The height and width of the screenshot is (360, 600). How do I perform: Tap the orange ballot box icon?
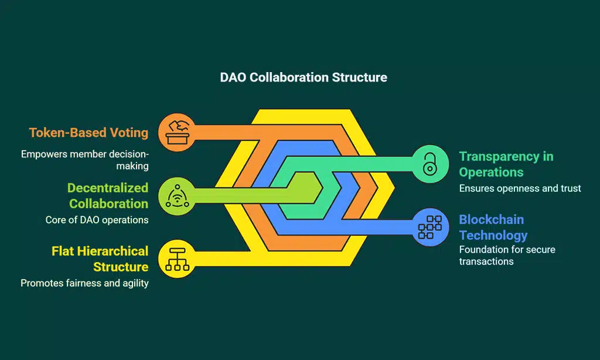(177, 131)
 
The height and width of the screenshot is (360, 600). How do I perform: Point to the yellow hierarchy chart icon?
(177, 258)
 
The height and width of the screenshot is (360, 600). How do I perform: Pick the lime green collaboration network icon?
(177, 195)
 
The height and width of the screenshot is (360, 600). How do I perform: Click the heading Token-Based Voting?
(88, 133)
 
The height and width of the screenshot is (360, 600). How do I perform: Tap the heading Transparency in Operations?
(506, 164)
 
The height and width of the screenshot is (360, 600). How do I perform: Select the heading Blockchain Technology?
(493, 227)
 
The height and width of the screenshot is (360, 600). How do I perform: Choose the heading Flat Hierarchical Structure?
(100, 259)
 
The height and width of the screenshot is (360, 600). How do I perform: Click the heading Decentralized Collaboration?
(108, 196)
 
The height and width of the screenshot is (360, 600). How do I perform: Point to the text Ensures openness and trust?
(520, 188)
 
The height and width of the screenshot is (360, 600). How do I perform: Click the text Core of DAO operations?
(97, 220)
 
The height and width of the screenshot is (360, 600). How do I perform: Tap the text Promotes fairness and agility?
(84, 283)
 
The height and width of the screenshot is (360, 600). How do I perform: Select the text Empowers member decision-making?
(85, 160)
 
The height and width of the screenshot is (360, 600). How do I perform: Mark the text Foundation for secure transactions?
(507, 255)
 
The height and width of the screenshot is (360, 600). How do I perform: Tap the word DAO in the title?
(233, 77)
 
